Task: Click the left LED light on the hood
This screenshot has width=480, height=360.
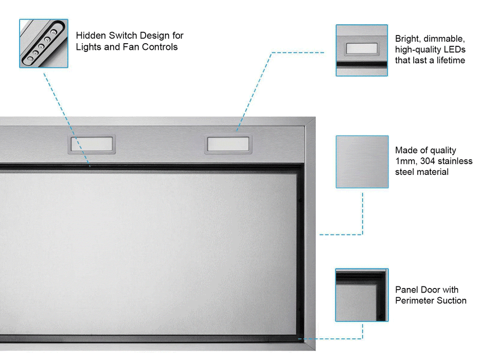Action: point(92,145)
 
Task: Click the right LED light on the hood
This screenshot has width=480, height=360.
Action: point(227,145)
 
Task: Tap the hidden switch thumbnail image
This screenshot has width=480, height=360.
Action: point(44,44)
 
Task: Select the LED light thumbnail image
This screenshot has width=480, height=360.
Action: point(362,50)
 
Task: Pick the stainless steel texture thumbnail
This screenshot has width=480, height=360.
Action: point(362,161)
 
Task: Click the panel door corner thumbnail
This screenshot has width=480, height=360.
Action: point(362,295)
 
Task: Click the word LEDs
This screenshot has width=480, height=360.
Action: point(454,49)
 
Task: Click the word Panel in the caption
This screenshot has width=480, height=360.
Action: point(406,290)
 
